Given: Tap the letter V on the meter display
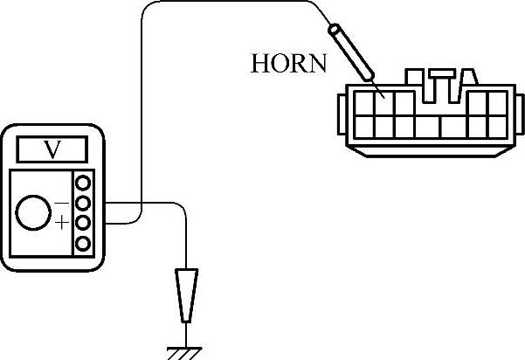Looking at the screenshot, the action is [53, 149].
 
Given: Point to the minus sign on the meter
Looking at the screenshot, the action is [62, 203].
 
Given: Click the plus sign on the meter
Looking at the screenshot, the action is [62, 224].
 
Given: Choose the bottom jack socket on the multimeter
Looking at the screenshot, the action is [84, 242].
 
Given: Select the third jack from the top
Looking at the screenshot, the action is [84, 223].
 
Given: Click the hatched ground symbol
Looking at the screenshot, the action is [186, 350].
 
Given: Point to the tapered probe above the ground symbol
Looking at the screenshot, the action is [186, 293].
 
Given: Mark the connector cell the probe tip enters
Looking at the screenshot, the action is [383, 102].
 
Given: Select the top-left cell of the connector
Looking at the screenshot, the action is [361, 103].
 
